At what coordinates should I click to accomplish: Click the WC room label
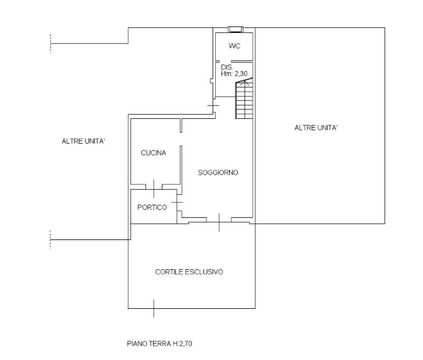pyautogui.click(x=234, y=46)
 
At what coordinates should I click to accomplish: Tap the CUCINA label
pyautogui.click(x=153, y=153)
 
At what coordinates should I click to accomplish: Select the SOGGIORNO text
pyautogui.click(x=218, y=173)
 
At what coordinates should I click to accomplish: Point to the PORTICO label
pyautogui.click(x=152, y=208)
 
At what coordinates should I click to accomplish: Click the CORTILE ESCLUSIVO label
pyautogui.click(x=189, y=272)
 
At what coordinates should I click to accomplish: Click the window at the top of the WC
pyautogui.click(x=236, y=29)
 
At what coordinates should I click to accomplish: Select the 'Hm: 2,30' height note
pyautogui.click(x=234, y=74)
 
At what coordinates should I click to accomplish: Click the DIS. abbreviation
pyautogui.click(x=227, y=67)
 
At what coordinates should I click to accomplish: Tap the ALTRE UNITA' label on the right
pyautogui.click(x=316, y=128)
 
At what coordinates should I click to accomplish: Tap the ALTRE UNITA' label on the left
pyautogui.click(x=83, y=141)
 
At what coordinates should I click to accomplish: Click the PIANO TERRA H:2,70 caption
pyautogui.click(x=159, y=343)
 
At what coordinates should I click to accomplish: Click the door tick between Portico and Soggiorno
pyautogui.click(x=177, y=202)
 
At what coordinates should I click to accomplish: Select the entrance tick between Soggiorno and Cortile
pyautogui.click(x=219, y=222)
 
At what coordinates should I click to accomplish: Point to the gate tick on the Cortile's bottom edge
pyautogui.click(x=154, y=308)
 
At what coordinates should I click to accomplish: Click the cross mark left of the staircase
pyautogui.click(x=213, y=106)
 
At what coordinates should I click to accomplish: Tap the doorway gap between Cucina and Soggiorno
pyautogui.click(x=181, y=139)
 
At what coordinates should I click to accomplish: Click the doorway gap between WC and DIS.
pyautogui.click(x=225, y=61)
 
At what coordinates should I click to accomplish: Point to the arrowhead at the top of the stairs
pyautogui.click(x=245, y=82)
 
